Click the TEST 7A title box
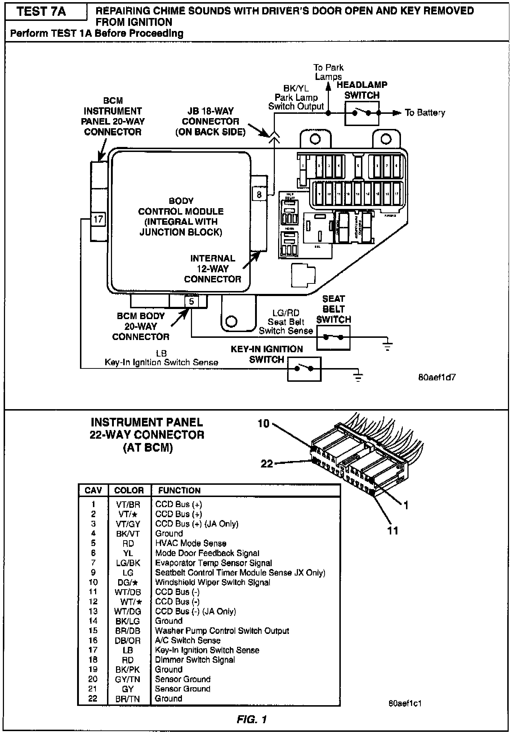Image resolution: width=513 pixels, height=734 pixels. pyautogui.click(x=42, y=12)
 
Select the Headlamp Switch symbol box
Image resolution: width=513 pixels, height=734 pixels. pyautogui.click(x=362, y=113)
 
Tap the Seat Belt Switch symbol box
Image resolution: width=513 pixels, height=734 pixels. pyautogui.click(x=333, y=337)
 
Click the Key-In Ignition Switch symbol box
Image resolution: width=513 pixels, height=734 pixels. pyautogui.click(x=304, y=368)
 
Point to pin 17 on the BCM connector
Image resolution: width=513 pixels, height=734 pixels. pyautogui.click(x=98, y=219)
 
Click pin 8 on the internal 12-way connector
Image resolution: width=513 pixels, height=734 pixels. pyautogui.click(x=259, y=194)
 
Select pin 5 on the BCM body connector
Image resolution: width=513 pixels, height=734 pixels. pyautogui.click(x=191, y=301)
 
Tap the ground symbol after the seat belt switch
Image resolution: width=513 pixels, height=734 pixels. pyautogui.click(x=388, y=346)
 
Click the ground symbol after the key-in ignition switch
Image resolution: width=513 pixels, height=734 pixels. pyautogui.click(x=358, y=377)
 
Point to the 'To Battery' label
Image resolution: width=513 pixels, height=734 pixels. pyautogui.click(x=425, y=113)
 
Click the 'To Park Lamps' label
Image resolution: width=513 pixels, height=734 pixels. pyautogui.click(x=328, y=72)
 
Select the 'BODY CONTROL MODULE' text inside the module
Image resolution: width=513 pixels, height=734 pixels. pyautogui.click(x=181, y=211)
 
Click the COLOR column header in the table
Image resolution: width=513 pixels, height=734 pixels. pyautogui.click(x=129, y=490)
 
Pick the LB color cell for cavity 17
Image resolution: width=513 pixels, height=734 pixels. pyautogui.click(x=128, y=650)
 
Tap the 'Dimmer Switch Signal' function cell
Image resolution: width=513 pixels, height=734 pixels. pyautogui.click(x=195, y=660)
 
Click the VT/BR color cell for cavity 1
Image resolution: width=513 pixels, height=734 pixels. pyautogui.click(x=128, y=505)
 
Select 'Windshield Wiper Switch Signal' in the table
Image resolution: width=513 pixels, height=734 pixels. pyautogui.click(x=213, y=582)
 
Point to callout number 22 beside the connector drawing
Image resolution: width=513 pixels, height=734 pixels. pyautogui.click(x=267, y=463)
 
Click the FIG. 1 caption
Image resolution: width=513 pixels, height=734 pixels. pyautogui.click(x=252, y=720)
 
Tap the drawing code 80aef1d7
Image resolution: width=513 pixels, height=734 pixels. pyautogui.click(x=437, y=377)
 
